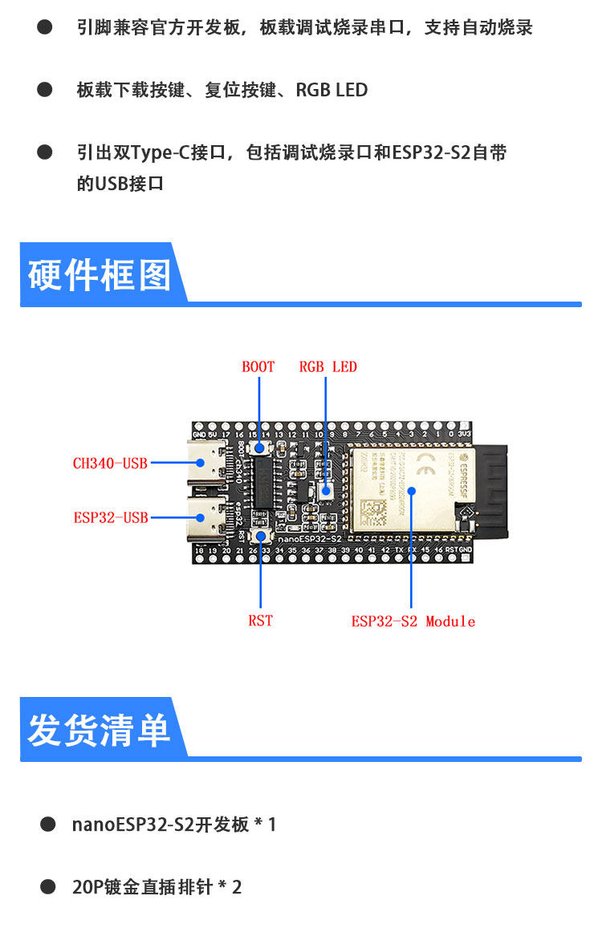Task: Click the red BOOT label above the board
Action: [258, 367]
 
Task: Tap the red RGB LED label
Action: [327, 367]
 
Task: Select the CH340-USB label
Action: [110, 463]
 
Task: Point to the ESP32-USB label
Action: [111, 517]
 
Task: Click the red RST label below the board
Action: [260, 621]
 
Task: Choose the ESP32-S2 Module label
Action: [413, 622]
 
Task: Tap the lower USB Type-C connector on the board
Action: [207, 517]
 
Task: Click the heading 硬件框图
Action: [100, 275]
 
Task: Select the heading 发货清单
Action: [100, 730]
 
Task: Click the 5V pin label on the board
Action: [212, 434]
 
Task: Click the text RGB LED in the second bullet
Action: [332, 90]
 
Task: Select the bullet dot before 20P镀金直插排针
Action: [48, 886]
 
